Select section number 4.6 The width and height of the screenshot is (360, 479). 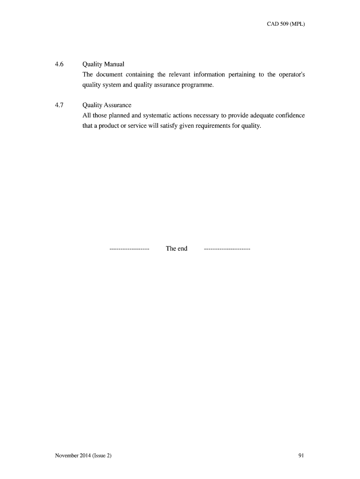59,64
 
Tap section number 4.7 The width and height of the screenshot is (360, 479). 59,105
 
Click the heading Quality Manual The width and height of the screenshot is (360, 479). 103,64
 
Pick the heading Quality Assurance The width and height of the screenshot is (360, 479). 107,105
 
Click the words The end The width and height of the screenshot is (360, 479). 176,249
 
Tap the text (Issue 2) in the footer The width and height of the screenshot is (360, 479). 103,455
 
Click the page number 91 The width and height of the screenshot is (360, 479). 301,455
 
